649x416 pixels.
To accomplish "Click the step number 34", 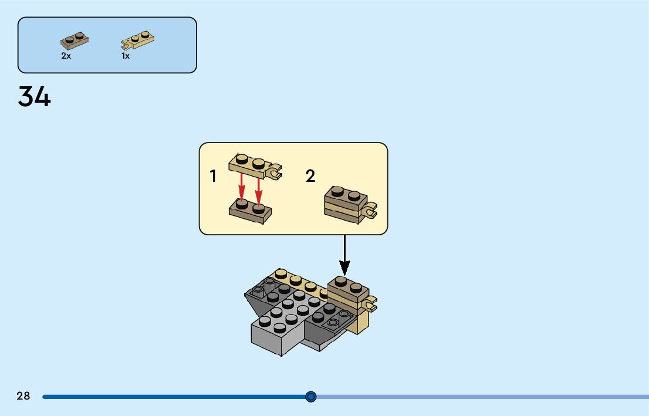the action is coord(35,97).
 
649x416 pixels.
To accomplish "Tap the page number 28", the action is coord(23,396).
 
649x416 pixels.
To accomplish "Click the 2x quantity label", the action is coord(66,56).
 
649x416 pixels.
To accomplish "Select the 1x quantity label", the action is coord(126,56).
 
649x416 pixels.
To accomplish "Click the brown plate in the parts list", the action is coord(75,40).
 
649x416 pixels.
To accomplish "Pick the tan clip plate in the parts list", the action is coord(138,40).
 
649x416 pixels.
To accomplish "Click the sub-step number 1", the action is coord(214,176).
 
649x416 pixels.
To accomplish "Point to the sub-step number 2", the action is coord(310,176).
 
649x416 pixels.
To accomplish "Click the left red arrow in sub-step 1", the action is coord(241,190).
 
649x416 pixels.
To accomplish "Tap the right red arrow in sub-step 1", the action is coord(258,190).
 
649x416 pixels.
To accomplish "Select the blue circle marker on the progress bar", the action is coord(311,397).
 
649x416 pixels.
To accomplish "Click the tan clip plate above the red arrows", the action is coord(252,165).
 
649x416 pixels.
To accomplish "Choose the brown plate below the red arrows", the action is coord(250,211).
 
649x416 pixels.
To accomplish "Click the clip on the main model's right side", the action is coord(370,305).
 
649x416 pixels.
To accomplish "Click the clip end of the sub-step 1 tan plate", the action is coord(275,173).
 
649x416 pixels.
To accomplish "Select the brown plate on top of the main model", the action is coord(347,288).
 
